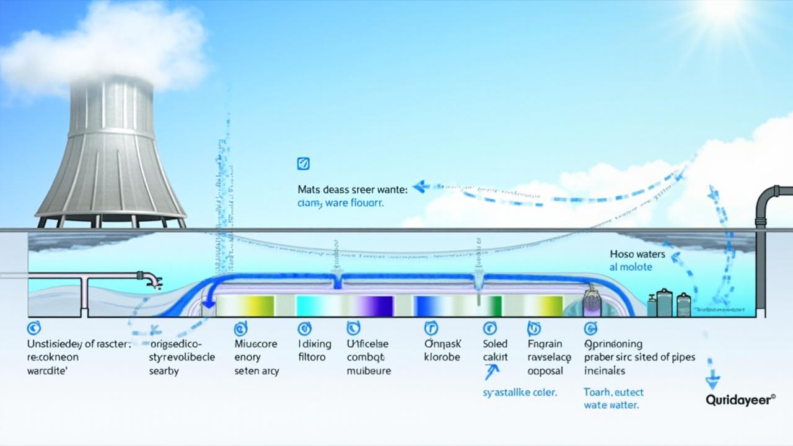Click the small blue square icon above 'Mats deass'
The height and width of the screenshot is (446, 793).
point(304,164)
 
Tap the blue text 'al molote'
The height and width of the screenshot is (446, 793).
point(631,267)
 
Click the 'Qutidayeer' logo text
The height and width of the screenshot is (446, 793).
point(740,401)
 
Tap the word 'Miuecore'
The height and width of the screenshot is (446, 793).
point(256,344)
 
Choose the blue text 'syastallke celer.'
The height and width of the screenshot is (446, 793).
point(520,392)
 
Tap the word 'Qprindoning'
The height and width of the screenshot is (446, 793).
point(613,344)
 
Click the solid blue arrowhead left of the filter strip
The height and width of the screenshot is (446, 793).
point(209,303)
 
